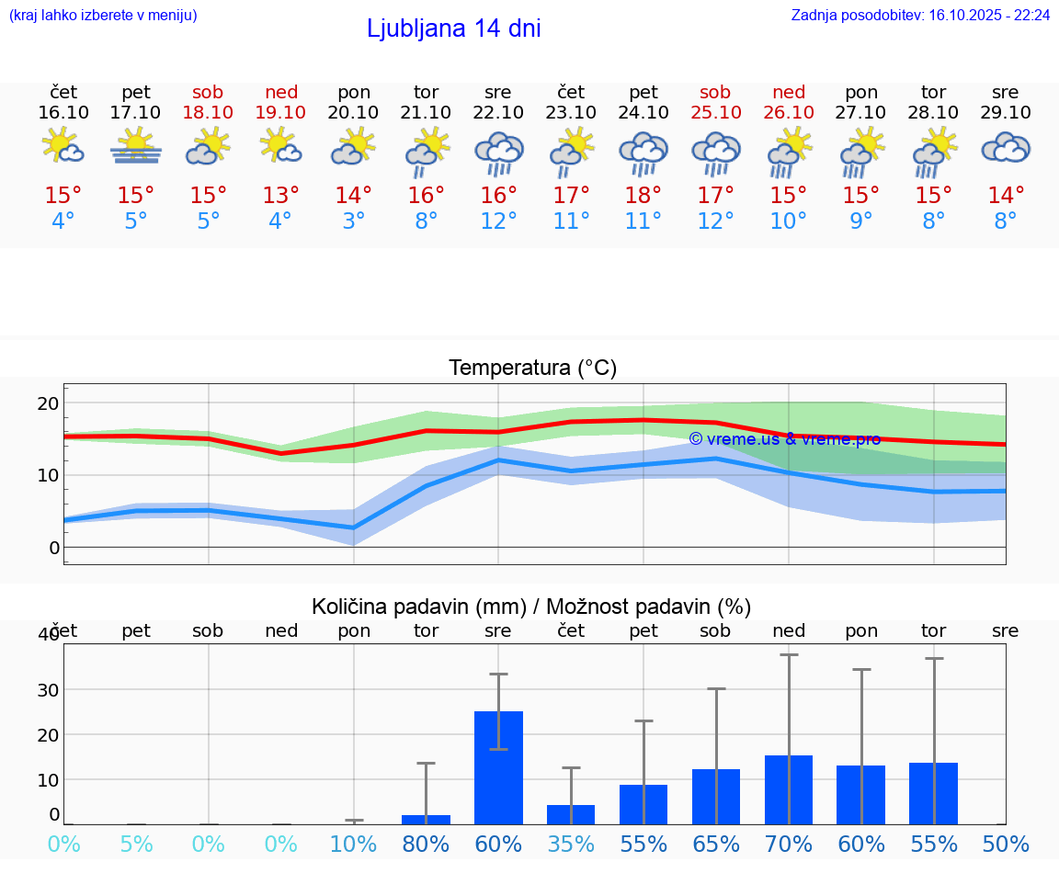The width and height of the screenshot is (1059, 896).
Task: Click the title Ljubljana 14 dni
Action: click(453, 28)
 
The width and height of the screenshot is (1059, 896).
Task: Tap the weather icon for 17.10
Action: click(136, 147)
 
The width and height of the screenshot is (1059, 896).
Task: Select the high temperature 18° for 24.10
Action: click(643, 195)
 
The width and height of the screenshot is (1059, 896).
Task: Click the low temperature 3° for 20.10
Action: click(353, 221)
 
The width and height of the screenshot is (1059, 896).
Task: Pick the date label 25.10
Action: click(715, 112)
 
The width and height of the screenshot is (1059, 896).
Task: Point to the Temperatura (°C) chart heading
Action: click(532, 368)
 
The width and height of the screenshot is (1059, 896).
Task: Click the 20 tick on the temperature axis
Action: click(48, 403)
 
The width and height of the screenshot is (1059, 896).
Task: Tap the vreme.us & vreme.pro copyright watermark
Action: click(784, 438)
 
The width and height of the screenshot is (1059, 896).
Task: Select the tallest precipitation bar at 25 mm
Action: click(498, 767)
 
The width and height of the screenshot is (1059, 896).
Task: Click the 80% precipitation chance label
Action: click(426, 845)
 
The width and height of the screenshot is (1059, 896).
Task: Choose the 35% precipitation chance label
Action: click(571, 845)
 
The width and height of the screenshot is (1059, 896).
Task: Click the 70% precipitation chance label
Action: click(789, 845)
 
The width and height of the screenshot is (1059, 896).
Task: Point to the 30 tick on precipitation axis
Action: click(48, 690)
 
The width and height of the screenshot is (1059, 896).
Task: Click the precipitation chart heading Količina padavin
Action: click(531, 607)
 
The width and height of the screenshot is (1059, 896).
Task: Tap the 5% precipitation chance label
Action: click(136, 845)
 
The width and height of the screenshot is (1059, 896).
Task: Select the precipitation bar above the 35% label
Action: click(571, 814)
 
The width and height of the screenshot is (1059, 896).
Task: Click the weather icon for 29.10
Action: click(1006, 147)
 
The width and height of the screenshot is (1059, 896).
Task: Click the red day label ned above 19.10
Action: click(281, 92)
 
